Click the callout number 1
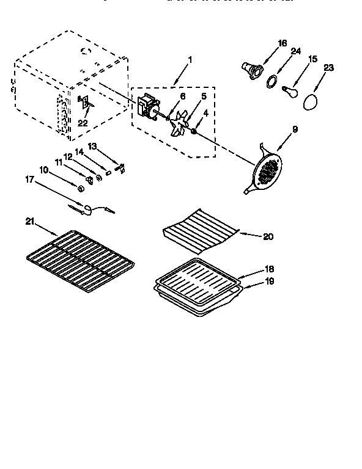tap(190, 60)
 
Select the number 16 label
tap(282, 43)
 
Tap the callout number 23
tap(329, 68)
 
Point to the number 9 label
tap(295, 129)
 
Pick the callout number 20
tap(268, 236)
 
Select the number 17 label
tap(29, 180)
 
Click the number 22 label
tap(83, 124)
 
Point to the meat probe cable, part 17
tap(92, 210)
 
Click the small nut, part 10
tap(81, 187)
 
